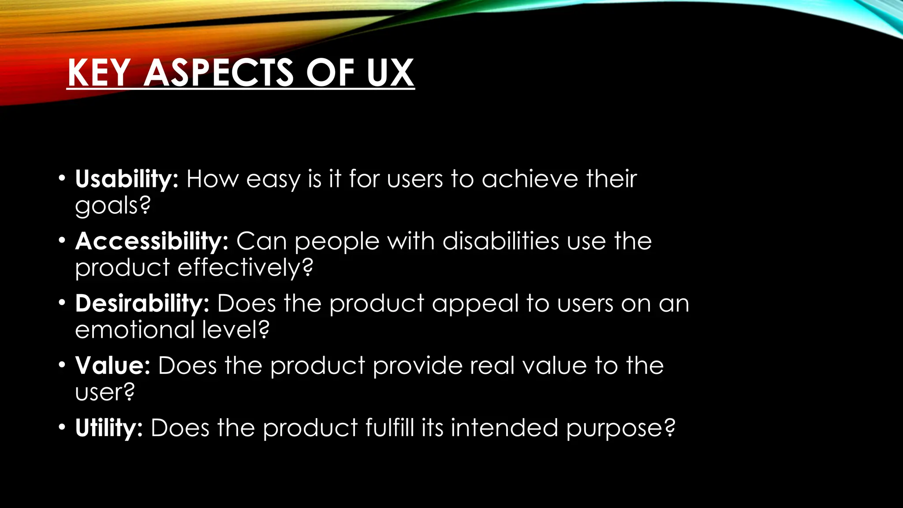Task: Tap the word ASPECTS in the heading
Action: [x=219, y=73]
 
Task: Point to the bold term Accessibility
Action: [x=152, y=242]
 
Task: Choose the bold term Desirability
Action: [x=142, y=304]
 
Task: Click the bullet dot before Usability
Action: [x=62, y=179]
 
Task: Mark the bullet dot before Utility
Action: [x=62, y=427]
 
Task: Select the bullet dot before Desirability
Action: [x=62, y=303]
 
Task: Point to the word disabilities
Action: [x=501, y=242]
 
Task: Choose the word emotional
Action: [x=135, y=330]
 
